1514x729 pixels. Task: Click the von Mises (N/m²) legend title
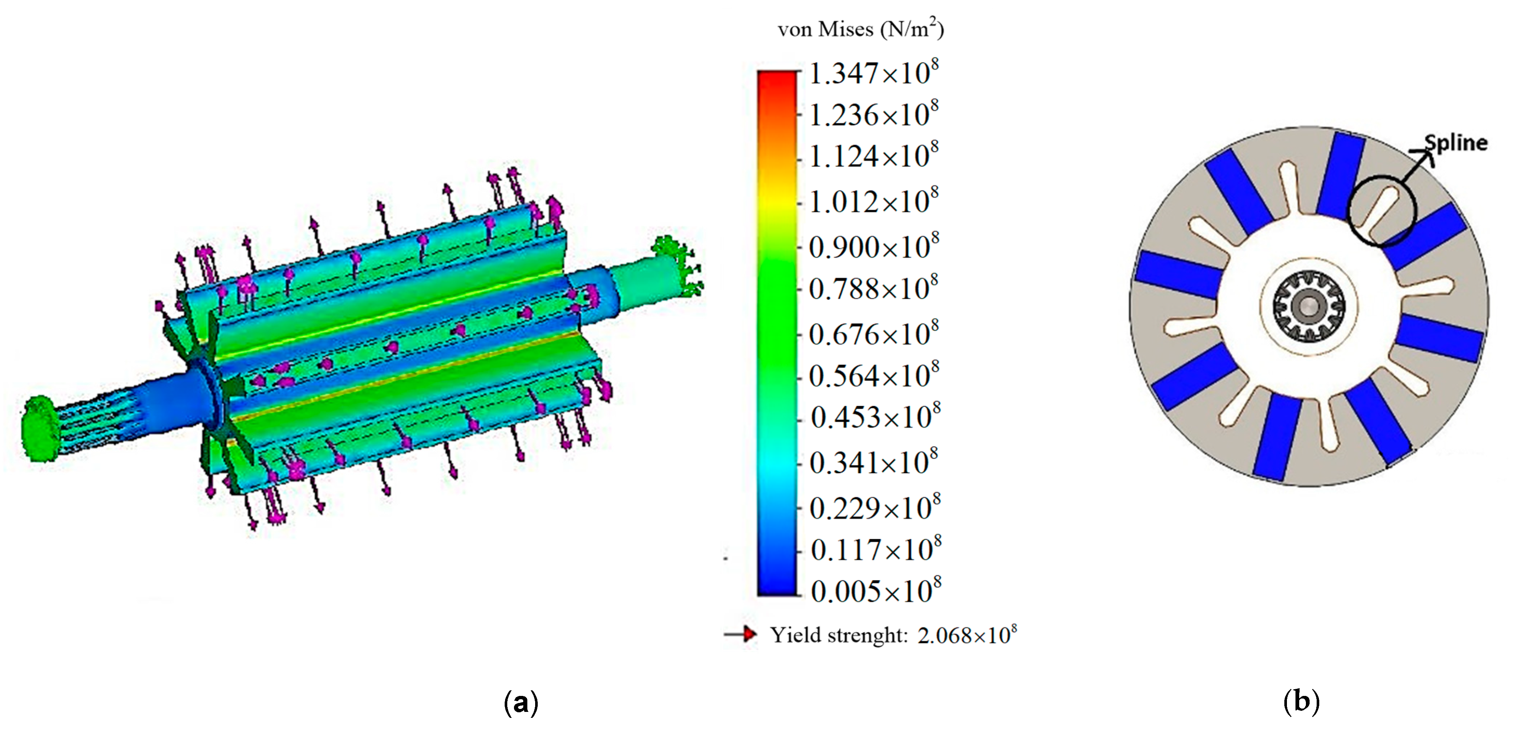click(861, 28)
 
